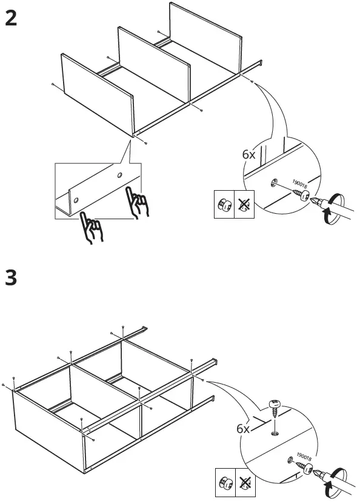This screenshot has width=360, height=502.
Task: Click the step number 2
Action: pos(11,18)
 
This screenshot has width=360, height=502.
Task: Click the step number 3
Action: pos(11,278)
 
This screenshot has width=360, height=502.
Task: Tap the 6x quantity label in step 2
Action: pos(248,154)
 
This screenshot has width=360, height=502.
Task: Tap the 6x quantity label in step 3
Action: pos(243,428)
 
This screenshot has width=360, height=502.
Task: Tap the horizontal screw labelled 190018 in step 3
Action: pos(302,466)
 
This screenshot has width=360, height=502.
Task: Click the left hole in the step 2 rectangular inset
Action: pos(76,199)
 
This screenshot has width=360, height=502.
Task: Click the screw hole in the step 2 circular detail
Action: pos(275,182)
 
